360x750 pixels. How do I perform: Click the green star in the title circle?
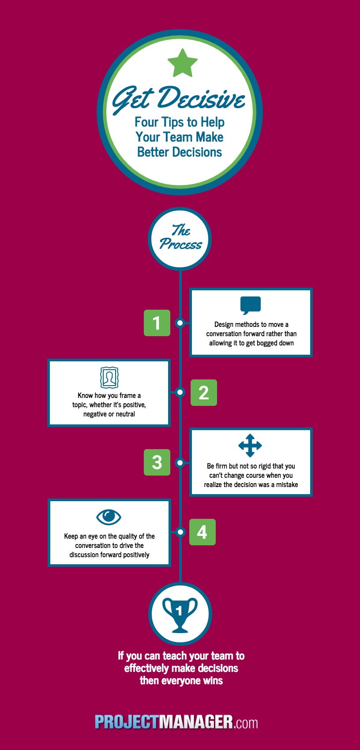(183, 63)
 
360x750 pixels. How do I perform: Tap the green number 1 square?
(157, 323)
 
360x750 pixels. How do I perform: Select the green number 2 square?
(204, 392)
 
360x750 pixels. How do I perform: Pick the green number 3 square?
(157, 462)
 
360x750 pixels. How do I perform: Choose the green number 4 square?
(202, 532)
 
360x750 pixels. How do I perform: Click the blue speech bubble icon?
(251, 305)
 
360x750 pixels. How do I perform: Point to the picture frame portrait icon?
(109, 377)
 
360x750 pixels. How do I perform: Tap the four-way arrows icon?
(250, 445)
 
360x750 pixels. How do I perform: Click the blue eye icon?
(109, 517)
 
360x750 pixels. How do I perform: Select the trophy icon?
(180, 615)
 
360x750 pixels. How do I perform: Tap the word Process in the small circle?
(180, 244)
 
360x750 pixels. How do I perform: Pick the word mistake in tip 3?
(287, 484)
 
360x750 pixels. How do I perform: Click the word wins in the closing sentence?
(213, 681)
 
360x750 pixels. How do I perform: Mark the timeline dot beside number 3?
(180, 462)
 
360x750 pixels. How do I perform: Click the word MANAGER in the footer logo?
(195, 722)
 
